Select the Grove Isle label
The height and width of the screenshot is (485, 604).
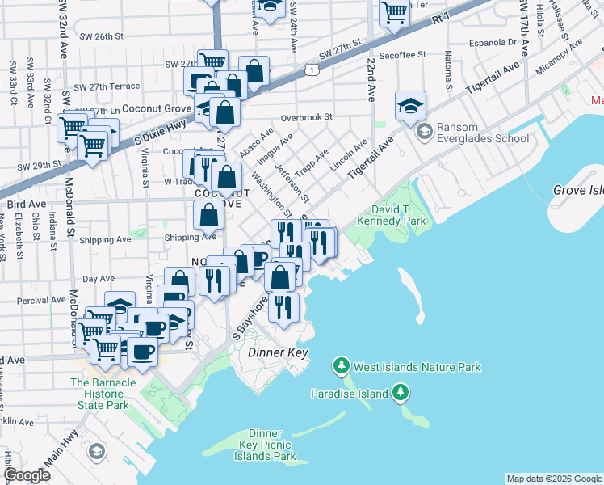[578, 191]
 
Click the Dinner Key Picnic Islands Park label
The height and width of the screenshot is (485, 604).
[265, 445]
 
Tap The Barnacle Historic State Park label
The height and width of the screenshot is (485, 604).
[100, 394]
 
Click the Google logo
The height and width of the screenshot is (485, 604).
[27, 475]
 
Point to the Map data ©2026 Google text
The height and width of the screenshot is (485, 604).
[553, 479]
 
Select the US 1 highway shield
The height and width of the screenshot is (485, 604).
[312, 72]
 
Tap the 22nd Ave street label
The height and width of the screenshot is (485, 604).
[371, 79]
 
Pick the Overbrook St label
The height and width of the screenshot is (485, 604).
[301, 117]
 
